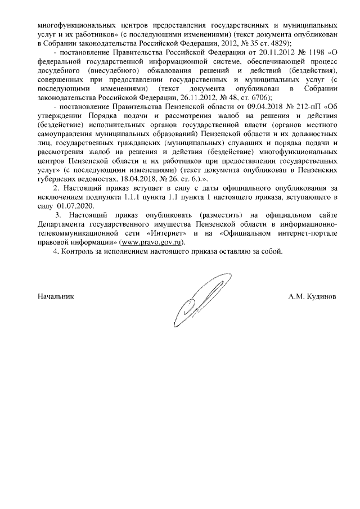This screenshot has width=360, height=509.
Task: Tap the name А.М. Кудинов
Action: [312, 295]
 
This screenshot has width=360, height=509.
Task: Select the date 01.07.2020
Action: [75, 206]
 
